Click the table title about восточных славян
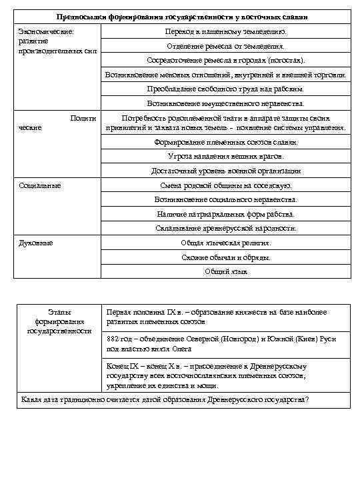tap(181, 15)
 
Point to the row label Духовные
tap(36, 243)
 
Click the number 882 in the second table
tap(113, 339)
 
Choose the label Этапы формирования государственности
tap(59, 321)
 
